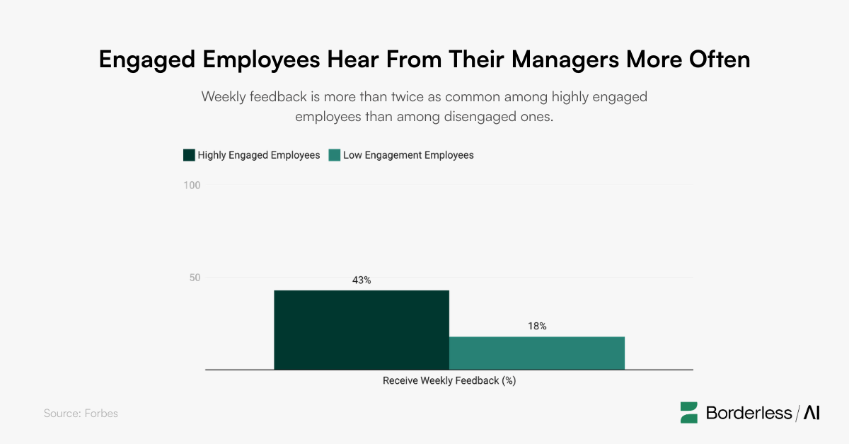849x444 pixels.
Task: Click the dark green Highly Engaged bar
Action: point(361,330)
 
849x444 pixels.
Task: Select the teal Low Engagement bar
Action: point(536,353)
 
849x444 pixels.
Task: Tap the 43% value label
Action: point(362,280)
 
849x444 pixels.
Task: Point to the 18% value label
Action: point(537,326)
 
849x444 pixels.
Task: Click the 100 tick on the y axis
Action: point(192,186)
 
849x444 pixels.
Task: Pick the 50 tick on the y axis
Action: point(195,278)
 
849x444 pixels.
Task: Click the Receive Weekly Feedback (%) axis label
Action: point(449,381)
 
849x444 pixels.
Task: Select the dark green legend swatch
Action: point(189,155)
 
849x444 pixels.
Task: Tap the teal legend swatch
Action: point(334,155)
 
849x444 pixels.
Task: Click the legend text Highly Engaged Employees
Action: point(259,155)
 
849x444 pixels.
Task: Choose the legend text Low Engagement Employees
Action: point(408,155)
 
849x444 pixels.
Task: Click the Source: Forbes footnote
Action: point(81,414)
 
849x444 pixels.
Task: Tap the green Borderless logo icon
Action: point(689,413)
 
